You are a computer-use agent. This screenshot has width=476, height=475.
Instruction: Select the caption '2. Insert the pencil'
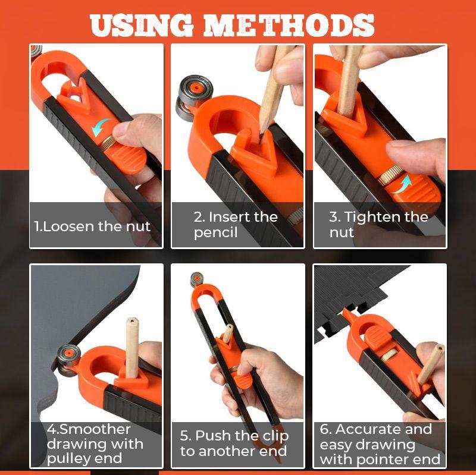[x=236, y=225]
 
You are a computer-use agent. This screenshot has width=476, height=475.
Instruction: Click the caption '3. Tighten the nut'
[x=378, y=225]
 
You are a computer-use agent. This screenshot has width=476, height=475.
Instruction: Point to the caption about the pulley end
[x=95, y=444]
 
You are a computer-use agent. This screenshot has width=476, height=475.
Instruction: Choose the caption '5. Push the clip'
[x=234, y=443]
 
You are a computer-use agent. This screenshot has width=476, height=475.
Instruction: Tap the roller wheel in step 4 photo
[x=65, y=360]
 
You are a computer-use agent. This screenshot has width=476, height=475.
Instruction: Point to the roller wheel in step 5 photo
[x=197, y=279]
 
